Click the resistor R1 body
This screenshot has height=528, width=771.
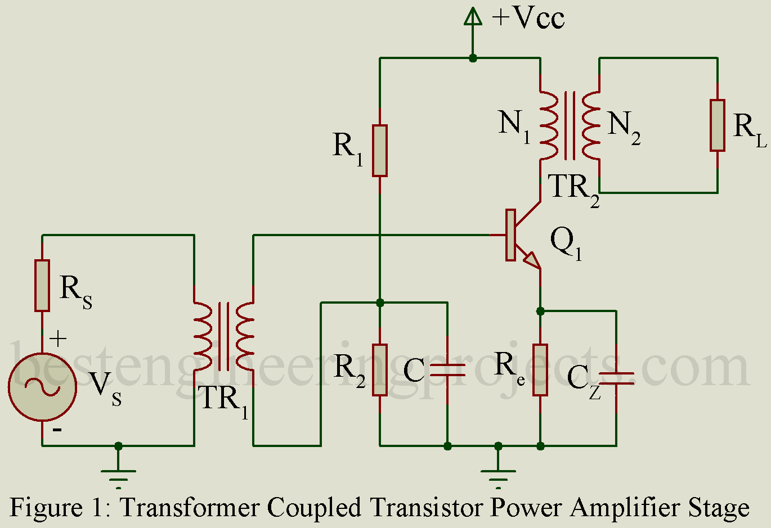(x=380, y=151)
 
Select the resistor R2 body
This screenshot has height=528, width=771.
(x=380, y=370)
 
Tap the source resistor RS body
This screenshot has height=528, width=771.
(x=42, y=285)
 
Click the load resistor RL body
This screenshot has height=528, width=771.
(x=718, y=125)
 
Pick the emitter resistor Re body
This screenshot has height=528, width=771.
(x=540, y=370)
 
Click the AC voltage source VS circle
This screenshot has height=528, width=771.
(x=42, y=386)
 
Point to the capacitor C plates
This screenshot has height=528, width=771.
(x=447, y=370)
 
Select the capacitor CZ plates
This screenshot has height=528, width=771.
(x=616, y=378)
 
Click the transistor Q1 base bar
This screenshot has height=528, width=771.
(x=510, y=235)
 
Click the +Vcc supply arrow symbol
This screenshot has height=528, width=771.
(x=473, y=18)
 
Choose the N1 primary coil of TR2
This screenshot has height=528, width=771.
(x=549, y=125)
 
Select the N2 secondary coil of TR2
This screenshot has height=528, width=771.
(x=591, y=125)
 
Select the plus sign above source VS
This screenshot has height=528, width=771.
(x=57, y=339)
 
